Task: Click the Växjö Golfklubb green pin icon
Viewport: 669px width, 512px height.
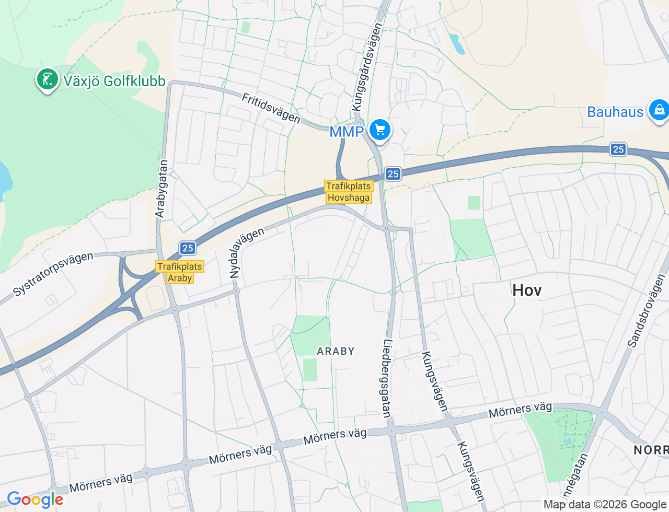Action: (48, 80)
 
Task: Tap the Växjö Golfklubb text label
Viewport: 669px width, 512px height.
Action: (114, 81)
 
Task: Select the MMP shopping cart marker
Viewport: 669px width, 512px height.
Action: (380, 130)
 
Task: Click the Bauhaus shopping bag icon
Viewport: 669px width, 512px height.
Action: (659, 110)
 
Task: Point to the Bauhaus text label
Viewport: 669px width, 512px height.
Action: (615, 112)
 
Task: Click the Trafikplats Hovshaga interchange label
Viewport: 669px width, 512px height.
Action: (349, 192)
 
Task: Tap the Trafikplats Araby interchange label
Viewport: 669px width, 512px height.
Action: (180, 272)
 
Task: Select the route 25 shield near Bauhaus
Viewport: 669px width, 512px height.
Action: (618, 149)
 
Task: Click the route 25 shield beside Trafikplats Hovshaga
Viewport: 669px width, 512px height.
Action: (393, 174)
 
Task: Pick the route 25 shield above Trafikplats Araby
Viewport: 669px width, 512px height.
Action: (188, 248)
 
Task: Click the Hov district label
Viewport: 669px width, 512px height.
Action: (527, 290)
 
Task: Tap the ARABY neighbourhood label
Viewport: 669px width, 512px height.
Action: (336, 351)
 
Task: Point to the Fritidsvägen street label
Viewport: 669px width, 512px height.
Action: (271, 108)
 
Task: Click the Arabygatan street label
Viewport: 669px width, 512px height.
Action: (162, 189)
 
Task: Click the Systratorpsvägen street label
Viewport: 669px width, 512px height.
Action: (53, 273)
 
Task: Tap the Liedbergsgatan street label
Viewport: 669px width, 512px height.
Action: (387, 379)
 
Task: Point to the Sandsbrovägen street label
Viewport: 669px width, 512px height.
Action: (646, 311)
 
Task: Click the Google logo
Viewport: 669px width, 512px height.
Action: (35, 500)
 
